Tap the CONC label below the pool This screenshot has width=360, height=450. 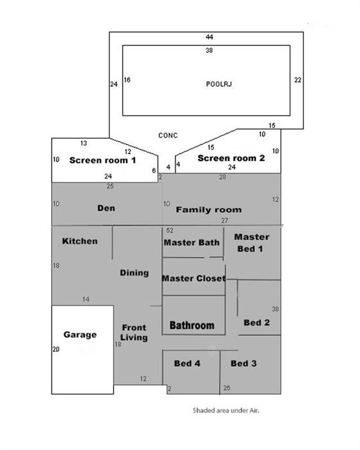click(168, 135)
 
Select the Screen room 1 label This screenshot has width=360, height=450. click(103, 160)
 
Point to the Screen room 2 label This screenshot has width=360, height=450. click(231, 158)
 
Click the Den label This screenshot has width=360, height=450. click(106, 208)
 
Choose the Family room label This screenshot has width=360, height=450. click(208, 209)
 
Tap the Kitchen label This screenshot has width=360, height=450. click(80, 241)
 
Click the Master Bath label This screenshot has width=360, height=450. click(192, 242)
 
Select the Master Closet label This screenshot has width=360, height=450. click(193, 278)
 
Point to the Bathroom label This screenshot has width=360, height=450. click(192, 325)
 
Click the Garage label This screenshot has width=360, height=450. click(80, 335)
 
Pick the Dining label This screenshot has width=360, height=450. click(134, 272)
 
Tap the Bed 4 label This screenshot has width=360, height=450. click(188, 364)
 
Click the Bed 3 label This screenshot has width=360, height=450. click(243, 364)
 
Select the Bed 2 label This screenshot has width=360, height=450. click(256, 322)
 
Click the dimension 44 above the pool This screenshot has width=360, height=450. click(209, 37)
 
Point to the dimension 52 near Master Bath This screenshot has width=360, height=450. click(170, 230)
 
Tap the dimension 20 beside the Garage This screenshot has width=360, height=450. click(56, 350)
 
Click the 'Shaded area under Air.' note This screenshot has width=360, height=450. click(226, 411)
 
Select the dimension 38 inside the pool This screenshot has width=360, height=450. click(209, 51)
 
